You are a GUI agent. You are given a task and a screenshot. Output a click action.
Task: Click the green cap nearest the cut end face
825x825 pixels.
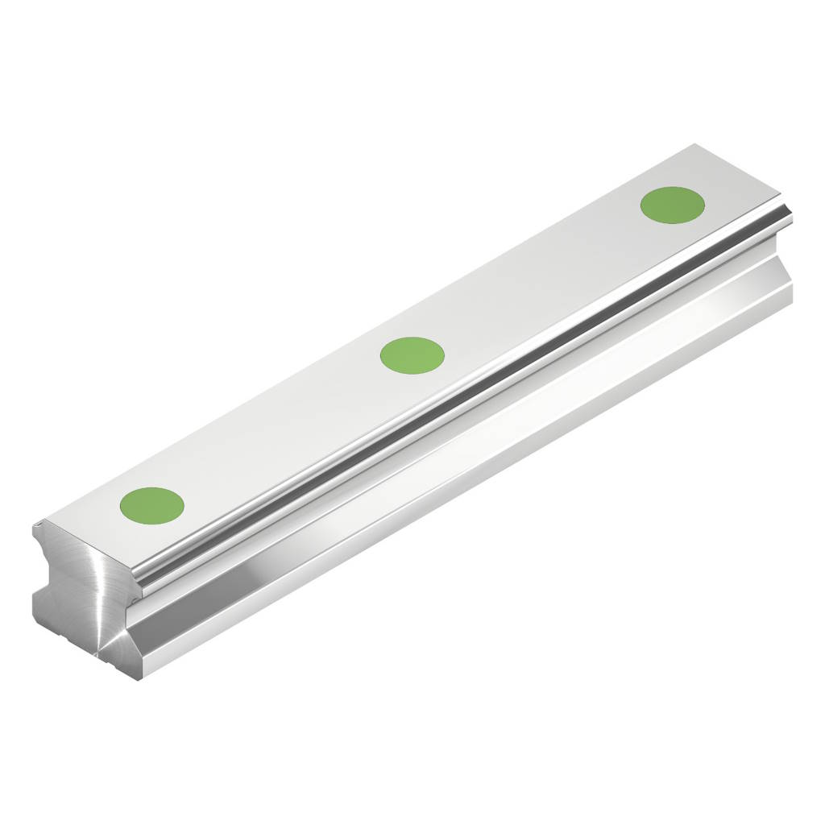[x=152, y=505]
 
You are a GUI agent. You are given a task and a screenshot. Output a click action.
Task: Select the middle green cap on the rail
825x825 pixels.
[x=412, y=354]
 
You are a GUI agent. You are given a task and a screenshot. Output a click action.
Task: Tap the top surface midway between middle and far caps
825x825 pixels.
[x=543, y=279]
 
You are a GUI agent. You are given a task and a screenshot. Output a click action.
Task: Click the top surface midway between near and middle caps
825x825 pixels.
[x=282, y=430]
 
